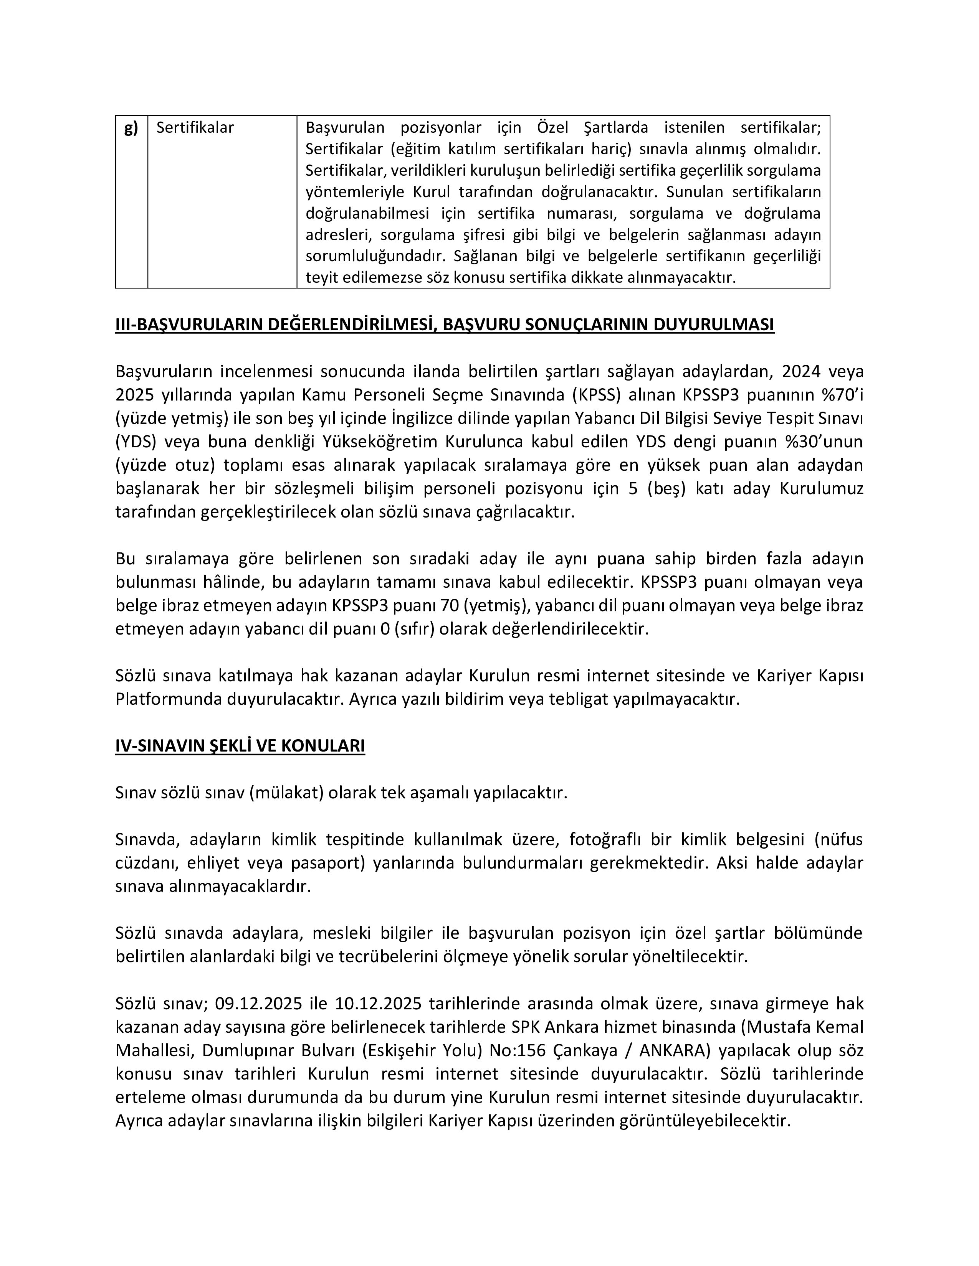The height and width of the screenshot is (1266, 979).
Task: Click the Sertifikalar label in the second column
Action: pos(195,127)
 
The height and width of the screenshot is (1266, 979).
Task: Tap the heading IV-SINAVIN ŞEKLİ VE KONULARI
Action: pos(240,746)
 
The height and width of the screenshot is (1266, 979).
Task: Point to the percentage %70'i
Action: pos(838,395)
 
